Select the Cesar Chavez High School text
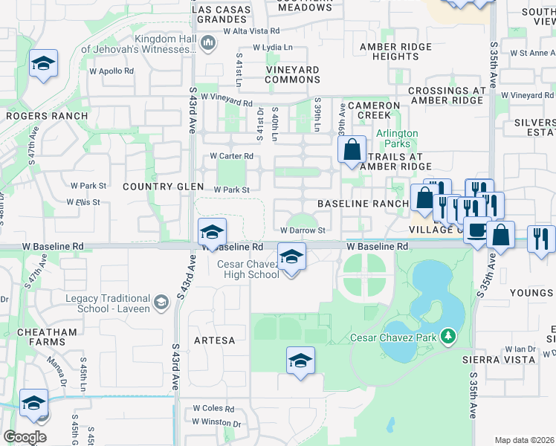click(248, 269)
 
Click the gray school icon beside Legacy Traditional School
click(161, 302)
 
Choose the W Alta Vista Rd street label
click(251, 31)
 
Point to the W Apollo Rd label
click(111, 71)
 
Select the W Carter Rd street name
click(231, 156)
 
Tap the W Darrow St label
click(303, 231)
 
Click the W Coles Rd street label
click(213, 408)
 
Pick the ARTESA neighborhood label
click(214, 340)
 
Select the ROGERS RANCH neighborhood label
click(47, 116)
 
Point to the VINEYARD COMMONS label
click(293, 74)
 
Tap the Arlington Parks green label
click(397, 138)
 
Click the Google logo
click(25, 437)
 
